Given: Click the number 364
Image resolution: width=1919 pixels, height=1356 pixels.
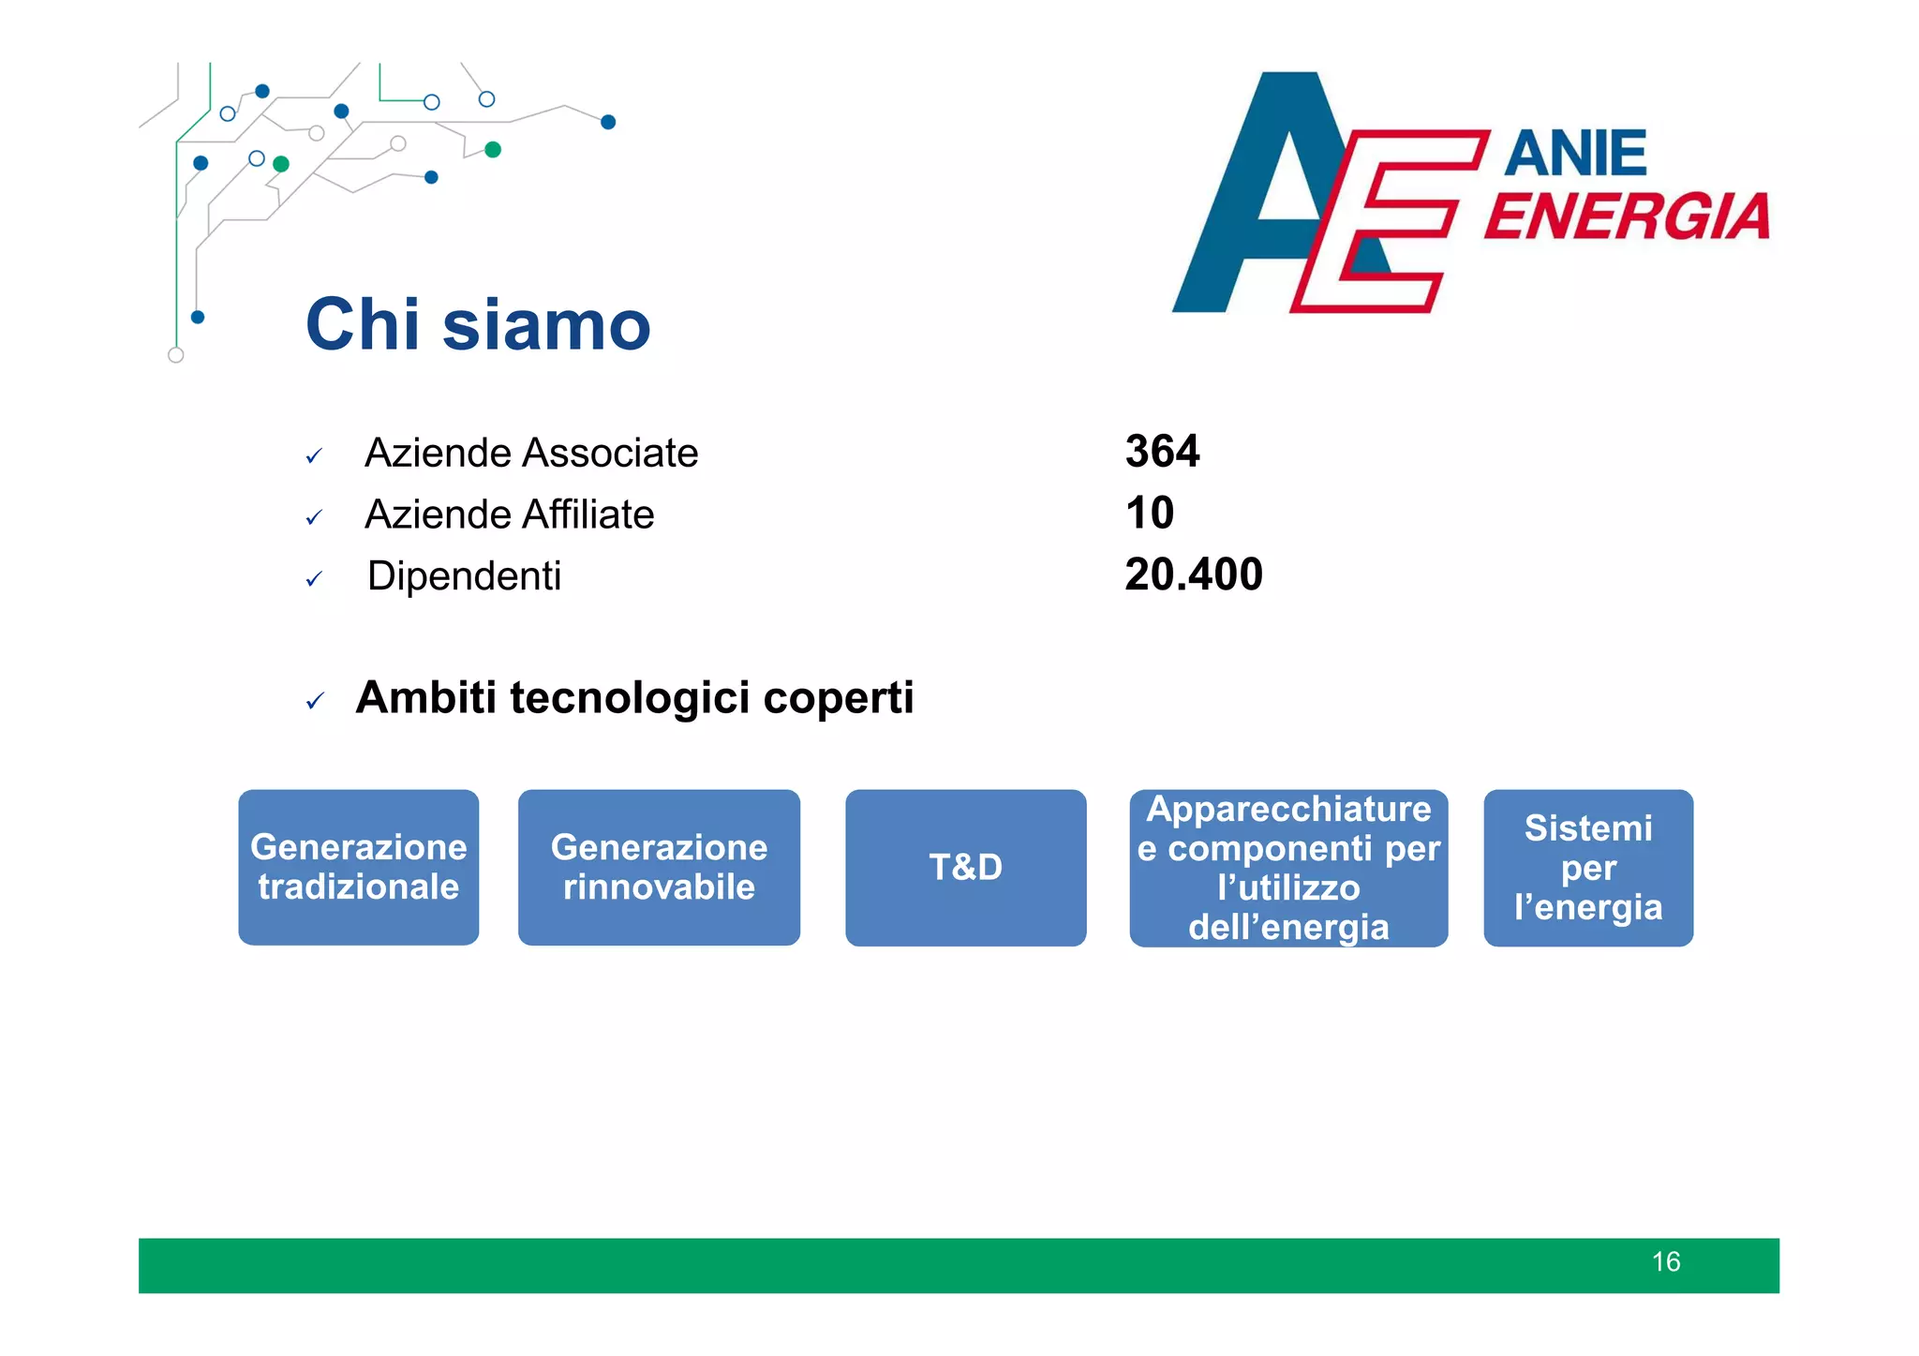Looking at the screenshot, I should (x=1162, y=452).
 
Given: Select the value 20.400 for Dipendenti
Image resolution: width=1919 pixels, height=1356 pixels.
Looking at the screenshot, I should (x=1193, y=574).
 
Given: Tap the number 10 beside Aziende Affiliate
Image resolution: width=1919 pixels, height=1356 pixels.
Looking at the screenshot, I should (x=1149, y=514).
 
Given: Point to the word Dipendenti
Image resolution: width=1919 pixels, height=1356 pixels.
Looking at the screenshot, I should (x=464, y=576).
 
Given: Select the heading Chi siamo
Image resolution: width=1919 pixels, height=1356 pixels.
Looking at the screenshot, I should (x=478, y=325).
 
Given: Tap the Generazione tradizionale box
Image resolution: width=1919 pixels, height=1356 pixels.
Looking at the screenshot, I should (x=358, y=868).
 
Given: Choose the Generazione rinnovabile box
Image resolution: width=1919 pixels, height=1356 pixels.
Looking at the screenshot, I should (x=659, y=868).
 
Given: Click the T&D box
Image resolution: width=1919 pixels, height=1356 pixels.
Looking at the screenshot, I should (x=965, y=868).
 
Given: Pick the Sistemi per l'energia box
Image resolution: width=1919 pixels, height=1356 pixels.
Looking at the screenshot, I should (x=1588, y=868).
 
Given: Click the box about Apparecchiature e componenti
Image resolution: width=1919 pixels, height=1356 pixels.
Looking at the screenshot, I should (x=1288, y=868).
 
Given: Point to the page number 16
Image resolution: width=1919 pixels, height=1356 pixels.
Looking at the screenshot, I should (x=1665, y=1262).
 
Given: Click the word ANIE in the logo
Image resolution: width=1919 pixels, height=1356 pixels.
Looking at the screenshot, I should (x=1575, y=154).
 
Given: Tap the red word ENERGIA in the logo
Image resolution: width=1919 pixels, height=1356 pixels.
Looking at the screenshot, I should (x=1627, y=217).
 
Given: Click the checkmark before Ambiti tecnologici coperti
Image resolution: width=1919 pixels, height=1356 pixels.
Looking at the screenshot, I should (x=315, y=701).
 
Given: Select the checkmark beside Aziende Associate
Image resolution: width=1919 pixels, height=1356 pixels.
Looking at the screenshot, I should (x=314, y=456).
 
